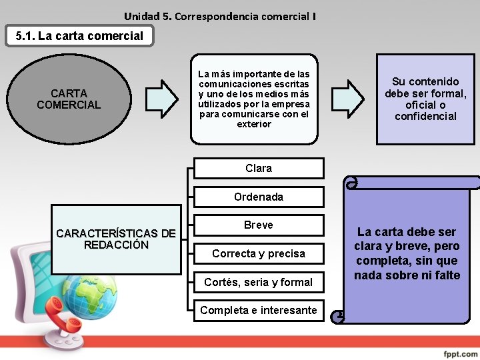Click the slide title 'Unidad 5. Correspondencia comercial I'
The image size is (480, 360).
coord(220,15)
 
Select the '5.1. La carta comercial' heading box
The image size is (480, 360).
coord(79,36)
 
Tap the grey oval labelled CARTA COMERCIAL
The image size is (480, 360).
coord(69,99)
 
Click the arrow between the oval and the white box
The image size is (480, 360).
coord(161,99)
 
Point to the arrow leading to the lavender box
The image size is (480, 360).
coord(347,99)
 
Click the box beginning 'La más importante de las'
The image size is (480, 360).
coord(254,99)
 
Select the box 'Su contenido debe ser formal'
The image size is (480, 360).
coord(425,99)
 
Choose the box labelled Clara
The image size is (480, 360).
coord(259,169)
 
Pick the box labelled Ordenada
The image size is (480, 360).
coord(259,197)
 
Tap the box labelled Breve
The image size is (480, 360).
coord(259,225)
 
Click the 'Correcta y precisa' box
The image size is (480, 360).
coord(259,254)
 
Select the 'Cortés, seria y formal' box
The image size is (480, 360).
coord(259,283)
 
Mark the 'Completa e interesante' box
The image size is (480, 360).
coord(259,311)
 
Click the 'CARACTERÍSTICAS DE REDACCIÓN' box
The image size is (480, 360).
coord(116,239)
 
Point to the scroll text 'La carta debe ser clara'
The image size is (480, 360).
coord(407,253)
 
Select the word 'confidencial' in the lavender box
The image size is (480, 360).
coord(425,117)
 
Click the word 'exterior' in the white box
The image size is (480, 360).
coord(254,124)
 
